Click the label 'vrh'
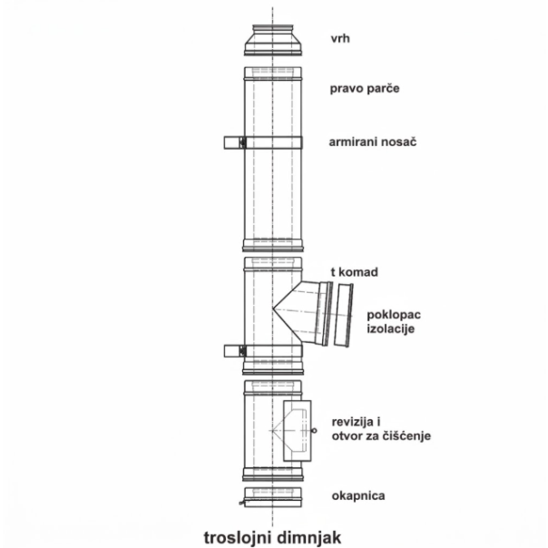[x=340, y=38]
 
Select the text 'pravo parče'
[x=365, y=88]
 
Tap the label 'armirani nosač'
[x=373, y=142]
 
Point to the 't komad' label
[x=355, y=272]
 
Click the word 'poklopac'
[x=394, y=315]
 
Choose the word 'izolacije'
[x=390, y=328]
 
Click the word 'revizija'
[x=353, y=422]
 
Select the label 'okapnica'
[x=358, y=495]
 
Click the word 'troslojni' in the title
[x=236, y=537]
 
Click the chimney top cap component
[x=273, y=40]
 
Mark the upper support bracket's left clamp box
[x=234, y=142]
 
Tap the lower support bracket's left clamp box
[x=234, y=351]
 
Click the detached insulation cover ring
[x=344, y=315]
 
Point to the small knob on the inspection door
[x=314, y=431]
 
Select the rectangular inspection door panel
[x=297, y=431]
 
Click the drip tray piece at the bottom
[x=273, y=497]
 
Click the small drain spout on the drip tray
[x=241, y=504]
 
